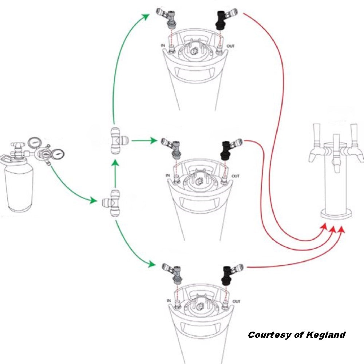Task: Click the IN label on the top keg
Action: coord(163,46)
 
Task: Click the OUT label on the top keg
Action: coord(231,46)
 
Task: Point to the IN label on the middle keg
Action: coord(168,176)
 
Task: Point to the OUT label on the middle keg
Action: coord(236,176)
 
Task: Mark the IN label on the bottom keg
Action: coord(169,301)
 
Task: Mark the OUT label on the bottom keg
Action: coord(237,301)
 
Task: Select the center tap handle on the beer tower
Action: coord(336,146)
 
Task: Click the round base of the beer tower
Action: coord(337,214)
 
